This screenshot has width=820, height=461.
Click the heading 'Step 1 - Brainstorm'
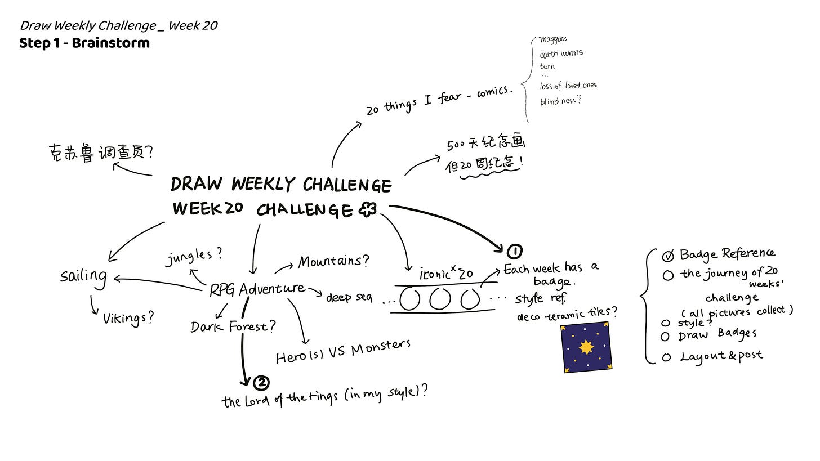[84, 43]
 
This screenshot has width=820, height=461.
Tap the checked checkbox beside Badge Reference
[668, 257]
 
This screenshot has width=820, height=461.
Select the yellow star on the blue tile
[587, 347]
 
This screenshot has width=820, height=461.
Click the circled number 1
[514, 251]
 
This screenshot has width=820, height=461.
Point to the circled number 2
[261, 383]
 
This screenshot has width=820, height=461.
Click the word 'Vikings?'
[128, 318]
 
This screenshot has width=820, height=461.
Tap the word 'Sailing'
[84, 276]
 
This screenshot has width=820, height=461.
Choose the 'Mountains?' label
[333, 262]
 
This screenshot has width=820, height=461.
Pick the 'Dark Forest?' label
[233, 326]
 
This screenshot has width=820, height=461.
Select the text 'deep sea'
[349, 297]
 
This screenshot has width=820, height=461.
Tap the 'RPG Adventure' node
[257, 289]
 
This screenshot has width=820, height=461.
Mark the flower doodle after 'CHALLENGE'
[367, 211]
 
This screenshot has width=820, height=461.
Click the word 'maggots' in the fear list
[553, 39]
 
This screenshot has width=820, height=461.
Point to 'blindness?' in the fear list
[560, 101]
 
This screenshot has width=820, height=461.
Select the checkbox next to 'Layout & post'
[667, 357]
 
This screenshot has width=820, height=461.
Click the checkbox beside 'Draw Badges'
[666, 337]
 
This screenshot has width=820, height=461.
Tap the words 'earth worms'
[561, 54]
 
